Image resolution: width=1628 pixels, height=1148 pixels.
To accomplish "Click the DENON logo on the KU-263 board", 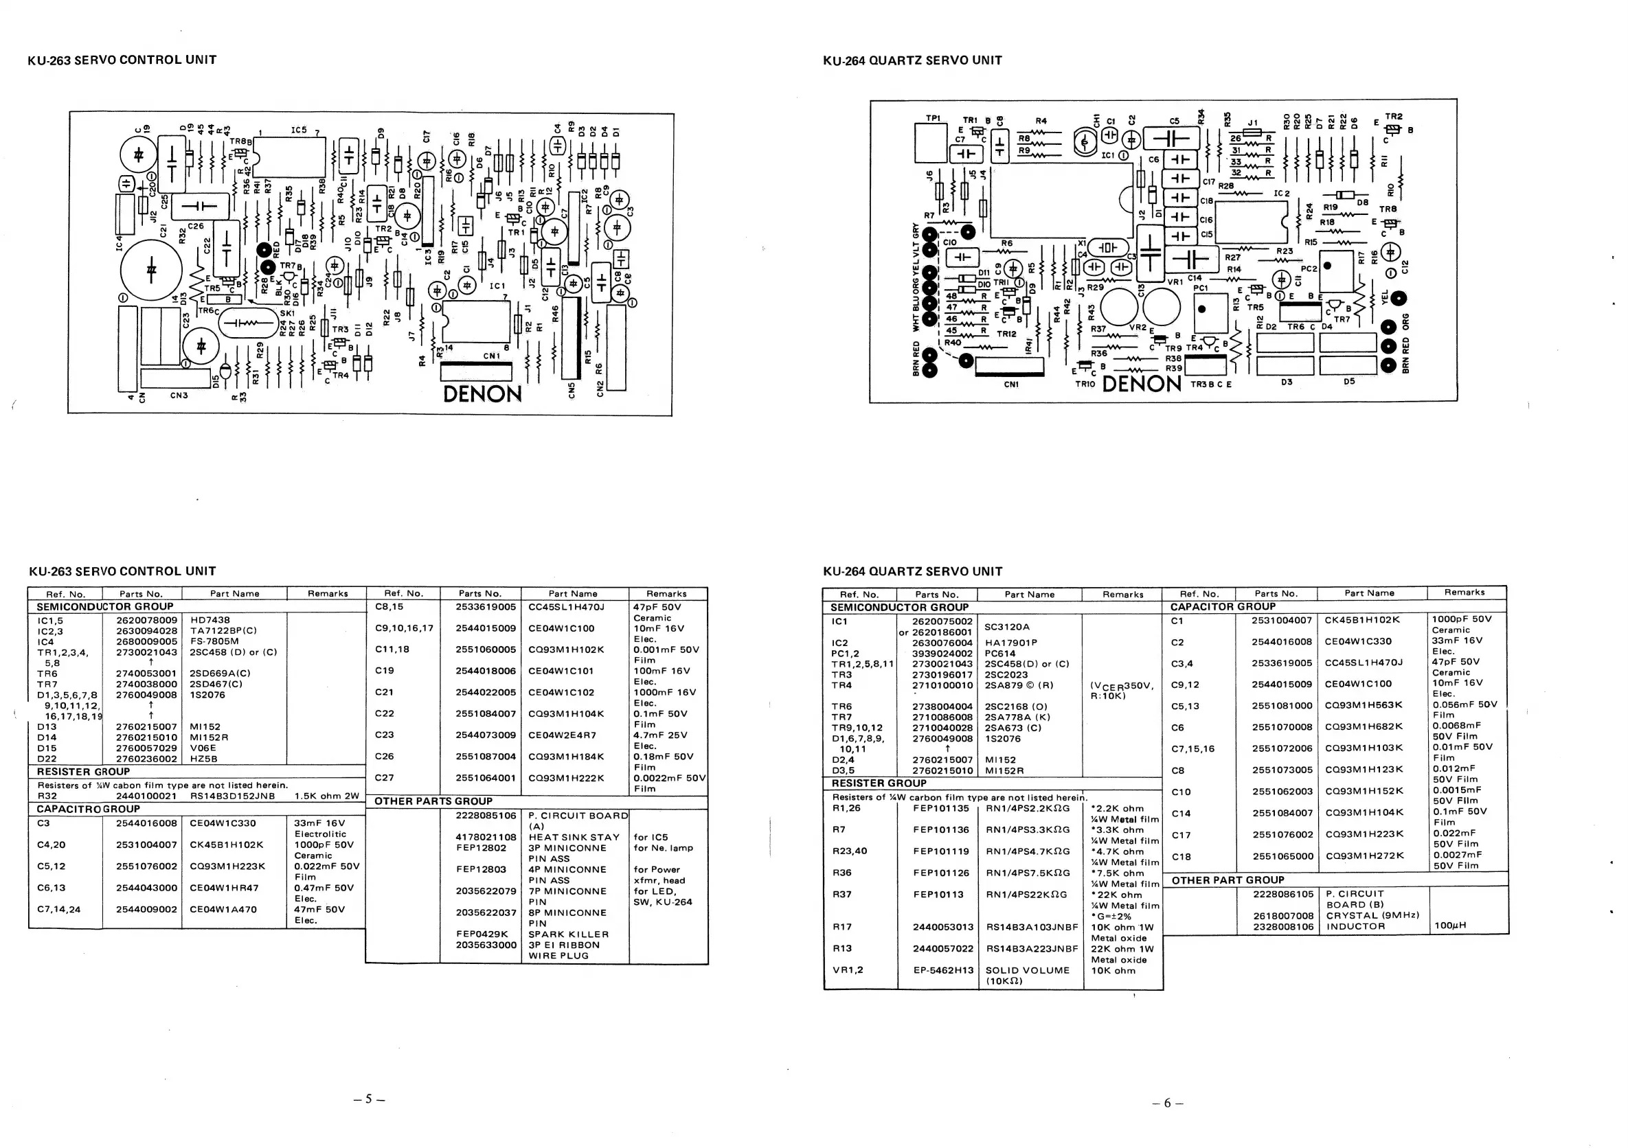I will (x=482, y=393).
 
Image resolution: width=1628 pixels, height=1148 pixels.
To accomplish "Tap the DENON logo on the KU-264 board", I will (x=1142, y=383).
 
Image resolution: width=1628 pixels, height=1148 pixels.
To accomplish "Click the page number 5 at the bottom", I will (x=369, y=1099).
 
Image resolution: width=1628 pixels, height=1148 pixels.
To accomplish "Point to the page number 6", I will (x=1167, y=1103).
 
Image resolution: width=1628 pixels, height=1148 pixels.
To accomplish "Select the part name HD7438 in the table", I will (x=210, y=620).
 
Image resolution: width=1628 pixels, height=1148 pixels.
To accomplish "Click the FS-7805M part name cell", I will (x=214, y=641).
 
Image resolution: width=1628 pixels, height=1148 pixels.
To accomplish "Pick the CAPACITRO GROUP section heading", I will (x=88, y=809).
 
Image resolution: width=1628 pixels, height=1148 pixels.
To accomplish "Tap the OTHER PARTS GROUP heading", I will (x=433, y=801).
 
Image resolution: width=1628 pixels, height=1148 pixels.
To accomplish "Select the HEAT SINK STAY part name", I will (x=574, y=837).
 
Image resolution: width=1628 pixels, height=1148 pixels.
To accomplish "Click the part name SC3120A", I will (x=1007, y=626).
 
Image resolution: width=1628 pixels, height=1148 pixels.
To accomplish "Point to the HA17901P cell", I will (x=1010, y=643).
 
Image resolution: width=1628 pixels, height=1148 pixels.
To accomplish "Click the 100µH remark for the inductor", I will (x=1451, y=926).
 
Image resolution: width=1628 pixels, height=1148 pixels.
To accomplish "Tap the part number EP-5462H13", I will (x=943, y=970).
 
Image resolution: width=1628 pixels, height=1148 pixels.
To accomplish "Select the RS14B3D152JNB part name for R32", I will (x=232, y=796).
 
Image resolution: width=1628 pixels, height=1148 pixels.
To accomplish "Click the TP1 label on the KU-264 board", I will (x=933, y=117).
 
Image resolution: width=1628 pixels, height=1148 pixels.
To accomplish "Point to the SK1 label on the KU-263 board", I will (x=286, y=313).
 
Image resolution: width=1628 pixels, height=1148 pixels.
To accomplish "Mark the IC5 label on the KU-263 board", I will (x=299, y=130).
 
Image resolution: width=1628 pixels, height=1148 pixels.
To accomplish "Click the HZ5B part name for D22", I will (x=204, y=758).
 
